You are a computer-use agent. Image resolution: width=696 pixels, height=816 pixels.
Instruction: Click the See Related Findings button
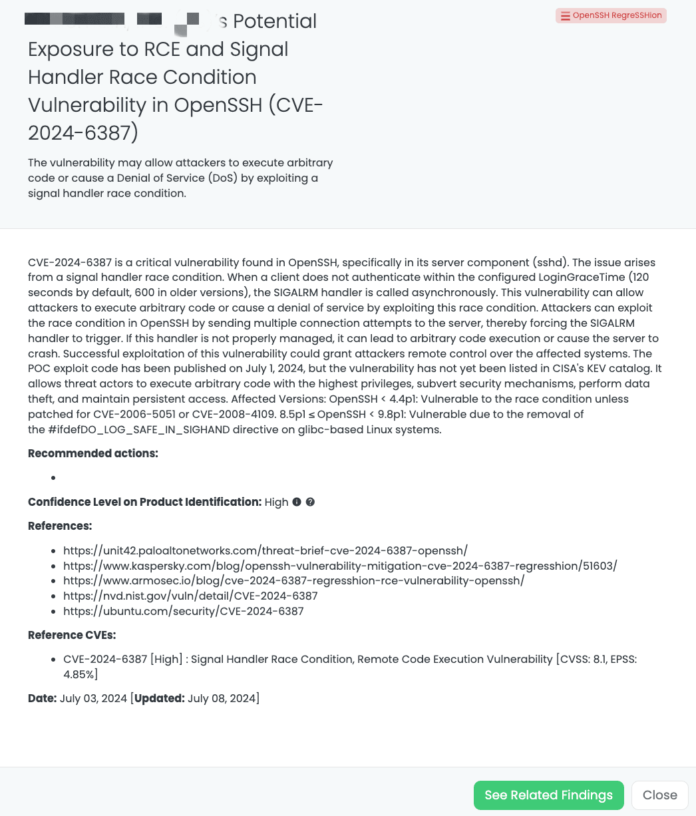pyautogui.click(x=548, y=795)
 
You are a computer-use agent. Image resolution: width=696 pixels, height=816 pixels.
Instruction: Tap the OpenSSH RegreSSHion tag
pyautogui.click(x=611, y=15)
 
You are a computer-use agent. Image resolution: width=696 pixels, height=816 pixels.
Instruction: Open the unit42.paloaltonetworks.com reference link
pyautogui.click(x=265, y=550)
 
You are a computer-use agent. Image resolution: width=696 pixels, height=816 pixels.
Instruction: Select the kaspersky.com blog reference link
pyautogui.click(x=340, y=566)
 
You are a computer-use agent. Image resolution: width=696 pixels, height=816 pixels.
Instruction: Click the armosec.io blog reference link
pyautogui.click(x=293, y=580)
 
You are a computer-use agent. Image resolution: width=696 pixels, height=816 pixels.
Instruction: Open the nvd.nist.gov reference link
pyautogui.click(x=190, y=596)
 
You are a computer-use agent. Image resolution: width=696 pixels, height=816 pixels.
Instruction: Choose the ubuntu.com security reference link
pyautogui.click(x=184, y=611)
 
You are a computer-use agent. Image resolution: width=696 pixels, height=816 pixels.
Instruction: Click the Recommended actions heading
pyautogui.click(x=93, y=454)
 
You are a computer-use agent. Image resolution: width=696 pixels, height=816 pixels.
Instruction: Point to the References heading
pyautogui.click(x=60, y=526)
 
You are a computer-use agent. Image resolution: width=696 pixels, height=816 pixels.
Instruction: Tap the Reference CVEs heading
pyautogui.click(x=72, y=635)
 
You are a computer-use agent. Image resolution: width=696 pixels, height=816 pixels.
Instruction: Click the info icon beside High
pyautogui.click(x=297, y=502)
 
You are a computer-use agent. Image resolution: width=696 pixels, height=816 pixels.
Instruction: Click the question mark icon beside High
pyautogui.click(x=310, y=502)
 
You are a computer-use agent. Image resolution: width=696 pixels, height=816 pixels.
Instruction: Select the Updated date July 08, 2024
pyautogui.click(x=223, y=698)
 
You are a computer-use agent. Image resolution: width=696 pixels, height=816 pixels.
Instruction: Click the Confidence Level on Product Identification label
pyautogui.click(x=144, y=502)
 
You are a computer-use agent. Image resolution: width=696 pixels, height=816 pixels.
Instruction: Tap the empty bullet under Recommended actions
pyautogui.click(x=53, y=478)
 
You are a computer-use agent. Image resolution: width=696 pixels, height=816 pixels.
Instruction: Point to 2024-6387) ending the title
pyautogui.click(x=83, y=132)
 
